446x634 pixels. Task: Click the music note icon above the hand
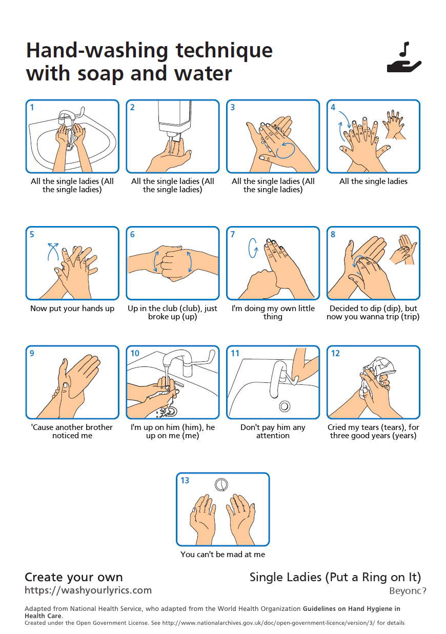click(404, 49)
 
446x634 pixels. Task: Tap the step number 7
click(233, 234)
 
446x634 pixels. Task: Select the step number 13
click(185, 480)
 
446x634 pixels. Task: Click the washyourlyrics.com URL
click(88, 590)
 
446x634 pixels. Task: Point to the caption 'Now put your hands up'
click(72, 308)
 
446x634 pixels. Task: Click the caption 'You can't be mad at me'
click(222, 554)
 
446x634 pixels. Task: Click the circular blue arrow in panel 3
click(286, 150)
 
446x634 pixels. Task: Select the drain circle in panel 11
click(285, 406)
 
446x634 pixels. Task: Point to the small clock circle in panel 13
click(221, 484)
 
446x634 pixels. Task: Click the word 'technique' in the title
click(224, 51)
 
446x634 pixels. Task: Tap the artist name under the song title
click(408, 591)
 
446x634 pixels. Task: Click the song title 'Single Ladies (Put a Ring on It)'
click(335, 577)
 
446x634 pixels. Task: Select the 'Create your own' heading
click(74, 577)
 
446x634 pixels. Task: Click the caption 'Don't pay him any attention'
click(273, 431)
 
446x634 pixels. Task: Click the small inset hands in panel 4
click(394, 125)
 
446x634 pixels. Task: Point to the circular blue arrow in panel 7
click(253, 248)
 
